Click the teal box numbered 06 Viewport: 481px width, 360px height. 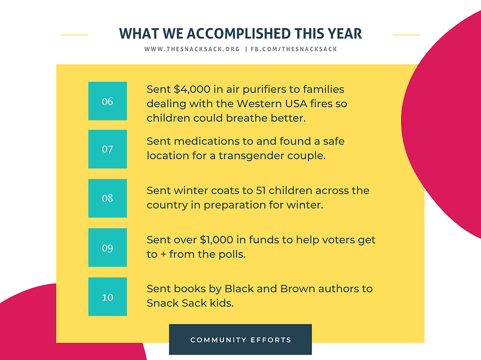[107, 101]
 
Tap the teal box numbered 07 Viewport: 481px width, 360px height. [107, 149]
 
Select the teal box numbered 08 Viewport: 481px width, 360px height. [107, 198]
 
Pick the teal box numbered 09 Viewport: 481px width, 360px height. [107, 247]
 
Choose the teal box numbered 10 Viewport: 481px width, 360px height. [107, 296]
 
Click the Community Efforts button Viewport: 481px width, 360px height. [240, 339]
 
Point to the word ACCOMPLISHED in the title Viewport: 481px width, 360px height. [238, 34]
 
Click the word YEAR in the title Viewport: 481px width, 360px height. [345, 34]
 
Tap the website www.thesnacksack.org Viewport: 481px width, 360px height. [192, 49]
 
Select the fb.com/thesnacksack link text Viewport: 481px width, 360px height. [294, 49]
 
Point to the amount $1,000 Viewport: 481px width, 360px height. [216, 240]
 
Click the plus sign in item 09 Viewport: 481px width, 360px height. [163, 254]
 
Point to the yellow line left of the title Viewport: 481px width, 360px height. [75, 35]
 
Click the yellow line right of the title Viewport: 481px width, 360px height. [406, 35]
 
